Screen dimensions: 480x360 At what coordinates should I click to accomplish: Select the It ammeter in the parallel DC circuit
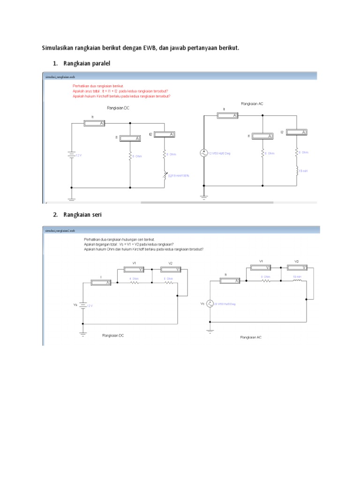click(x=95, y=123)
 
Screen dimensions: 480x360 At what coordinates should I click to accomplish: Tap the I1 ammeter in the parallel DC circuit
click(x=129, y=138)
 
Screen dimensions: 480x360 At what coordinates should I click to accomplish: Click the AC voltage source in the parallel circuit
click(x=204, y=153)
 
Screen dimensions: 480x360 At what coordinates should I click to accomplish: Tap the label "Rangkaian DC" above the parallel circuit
click(x=118, y=108)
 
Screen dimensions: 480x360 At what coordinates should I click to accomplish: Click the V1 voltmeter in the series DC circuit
click(x=135, y=269)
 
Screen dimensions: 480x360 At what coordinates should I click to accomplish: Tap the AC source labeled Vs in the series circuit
click(x=210, y=304)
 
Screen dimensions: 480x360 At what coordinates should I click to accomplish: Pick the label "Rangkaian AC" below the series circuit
click(x=251, y=337)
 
